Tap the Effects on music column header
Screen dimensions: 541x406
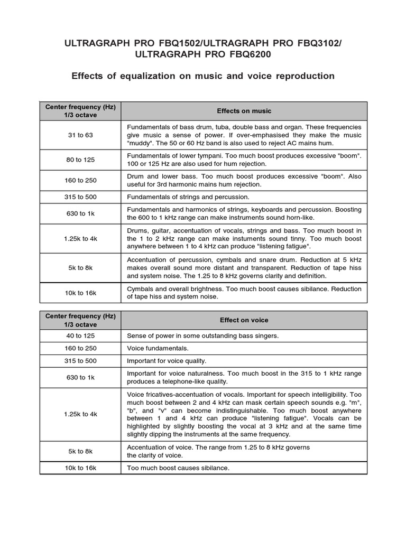(x=244, y=111)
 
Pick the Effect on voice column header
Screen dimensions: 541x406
(x=244, y=320)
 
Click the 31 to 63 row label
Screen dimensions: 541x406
(x=80, y=135)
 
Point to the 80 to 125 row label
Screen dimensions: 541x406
(x=80, y=160)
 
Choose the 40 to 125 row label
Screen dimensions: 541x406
(x=80, y=336)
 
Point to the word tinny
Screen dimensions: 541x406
(x=289, y=239)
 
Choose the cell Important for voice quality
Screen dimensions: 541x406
(x=167, y=361)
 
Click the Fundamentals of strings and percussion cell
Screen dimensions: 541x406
(x=188, y=197)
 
